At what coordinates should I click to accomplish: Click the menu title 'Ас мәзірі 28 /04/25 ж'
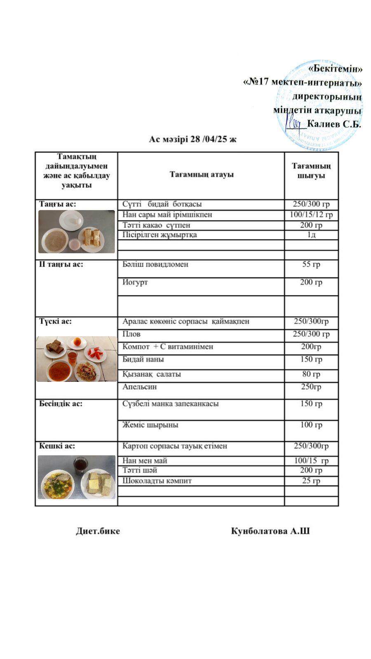tap(193, 139)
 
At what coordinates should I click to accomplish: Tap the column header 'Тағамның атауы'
tap(202, 174)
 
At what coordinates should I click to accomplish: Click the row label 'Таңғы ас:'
tap(58, 204)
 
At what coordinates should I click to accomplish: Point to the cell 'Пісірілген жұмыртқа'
tap(160, 235)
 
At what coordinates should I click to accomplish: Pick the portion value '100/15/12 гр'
tap(311, 215)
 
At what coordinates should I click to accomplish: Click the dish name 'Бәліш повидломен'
tap(155, 264)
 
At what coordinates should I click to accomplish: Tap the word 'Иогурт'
tap(135, 282)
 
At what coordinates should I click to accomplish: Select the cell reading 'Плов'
tap(131, 334)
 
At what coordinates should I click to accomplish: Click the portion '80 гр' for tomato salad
tap(311, 374)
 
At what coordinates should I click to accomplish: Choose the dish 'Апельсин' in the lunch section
tap(139, 386)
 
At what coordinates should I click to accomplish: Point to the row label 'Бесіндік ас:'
tap(61, 403)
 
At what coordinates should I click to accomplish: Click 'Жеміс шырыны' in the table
tap(150, 425)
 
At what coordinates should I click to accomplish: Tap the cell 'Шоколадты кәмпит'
tap(157, 481)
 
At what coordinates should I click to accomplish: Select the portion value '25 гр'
tap(311, 481)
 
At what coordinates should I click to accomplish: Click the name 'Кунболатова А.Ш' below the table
tap(270, 531)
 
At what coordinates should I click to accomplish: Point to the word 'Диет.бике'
tap(98, 531)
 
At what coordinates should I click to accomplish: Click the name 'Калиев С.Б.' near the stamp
tap(334, 124)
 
